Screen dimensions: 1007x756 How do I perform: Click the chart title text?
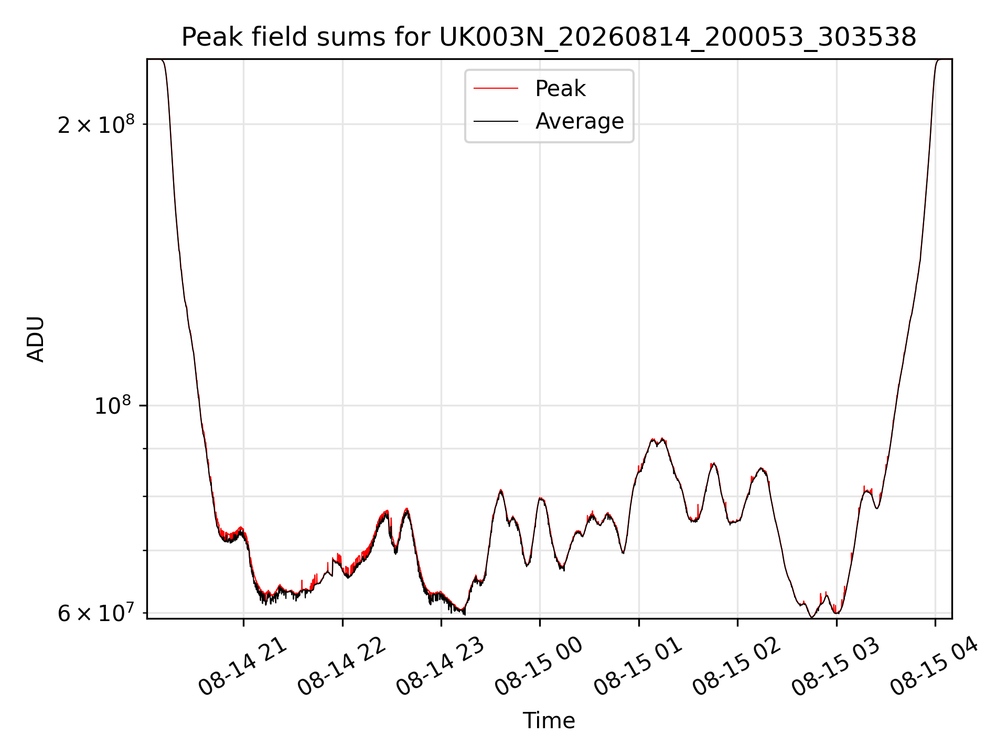[x=549, y=37]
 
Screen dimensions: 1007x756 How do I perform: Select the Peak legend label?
[x=560, y=88]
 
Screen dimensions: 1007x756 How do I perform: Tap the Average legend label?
[x=580, y=121]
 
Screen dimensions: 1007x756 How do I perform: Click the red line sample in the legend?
[x=496, y=89]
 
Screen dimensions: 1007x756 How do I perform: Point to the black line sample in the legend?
[x=496, y=121]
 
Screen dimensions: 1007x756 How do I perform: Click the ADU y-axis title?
[x=36, y=339]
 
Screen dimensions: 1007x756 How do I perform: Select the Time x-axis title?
[x=549, y=721]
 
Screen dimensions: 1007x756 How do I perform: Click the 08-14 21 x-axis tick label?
[x=243, y=667]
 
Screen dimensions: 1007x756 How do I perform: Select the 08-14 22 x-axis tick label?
[x=342, y=667]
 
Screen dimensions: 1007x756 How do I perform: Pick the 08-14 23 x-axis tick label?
[x=441, y=667]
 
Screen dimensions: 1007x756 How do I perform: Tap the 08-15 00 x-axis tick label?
[x=539, y=667]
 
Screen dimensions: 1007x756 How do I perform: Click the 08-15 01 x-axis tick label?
[x=638, y=667]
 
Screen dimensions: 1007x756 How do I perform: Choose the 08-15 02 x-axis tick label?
[x=737, y=667]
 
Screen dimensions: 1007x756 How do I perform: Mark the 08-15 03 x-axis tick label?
[x=835, y=667]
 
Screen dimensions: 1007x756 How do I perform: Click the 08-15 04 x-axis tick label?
[x=935, y=667]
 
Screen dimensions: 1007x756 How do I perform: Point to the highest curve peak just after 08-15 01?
[x=663, y=438]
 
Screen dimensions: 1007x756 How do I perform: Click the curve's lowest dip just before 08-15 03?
[x=812, y=617]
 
